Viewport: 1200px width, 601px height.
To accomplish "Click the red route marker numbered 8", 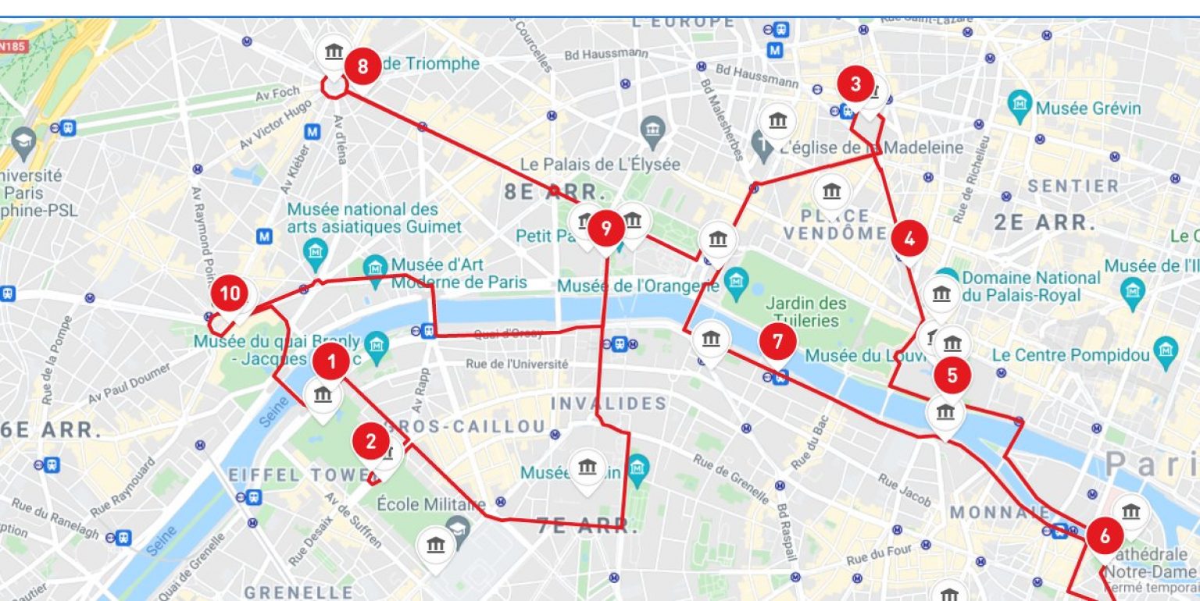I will [x=362, y=66].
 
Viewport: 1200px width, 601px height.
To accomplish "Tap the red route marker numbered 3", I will [x=855, y=84].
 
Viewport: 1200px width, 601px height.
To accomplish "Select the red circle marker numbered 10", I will [x=230, y=293].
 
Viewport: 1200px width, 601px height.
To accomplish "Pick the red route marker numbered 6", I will [x=1104, y=536].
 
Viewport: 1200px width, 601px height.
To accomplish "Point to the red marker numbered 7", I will [x=777, y=341].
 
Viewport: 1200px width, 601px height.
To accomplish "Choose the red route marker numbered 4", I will [x=909, y=240].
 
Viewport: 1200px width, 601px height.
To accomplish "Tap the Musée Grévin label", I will [x=1087, y=108].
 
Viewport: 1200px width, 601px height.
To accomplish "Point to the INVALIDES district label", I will [x=609, y=404].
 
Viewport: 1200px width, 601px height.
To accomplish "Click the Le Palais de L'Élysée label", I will [x=600, y=165].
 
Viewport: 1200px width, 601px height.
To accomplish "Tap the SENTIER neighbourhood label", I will [x=1073, y=187].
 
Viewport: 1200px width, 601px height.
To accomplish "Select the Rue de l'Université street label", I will [x=516, y=364].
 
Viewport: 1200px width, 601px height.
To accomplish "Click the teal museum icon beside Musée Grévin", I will [x=1020, y=102].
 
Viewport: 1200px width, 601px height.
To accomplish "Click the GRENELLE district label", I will [x=298, y=592].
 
